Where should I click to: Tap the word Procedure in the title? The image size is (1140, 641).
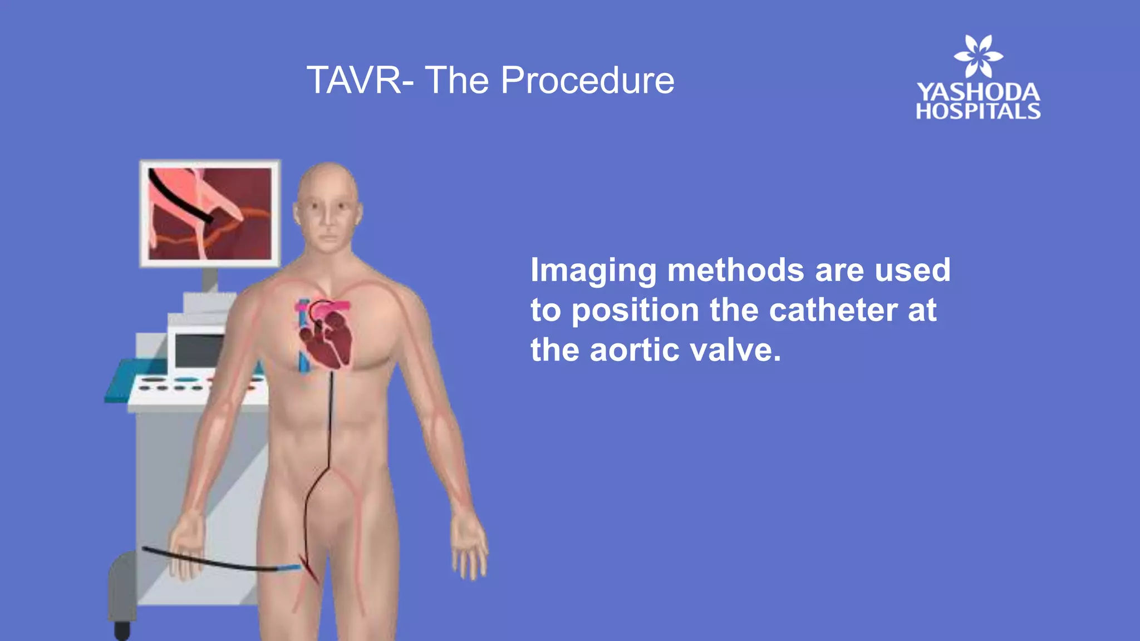(x=587, y=81)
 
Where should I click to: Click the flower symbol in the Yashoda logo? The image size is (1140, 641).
(x=978, y=56)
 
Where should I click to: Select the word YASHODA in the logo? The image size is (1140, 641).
(x=978, y=92)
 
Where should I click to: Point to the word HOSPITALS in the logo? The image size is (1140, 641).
(x=978, y=111)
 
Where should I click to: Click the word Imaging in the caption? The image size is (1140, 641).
(x=593, y=271)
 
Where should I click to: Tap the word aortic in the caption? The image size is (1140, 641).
(x=634, y=350)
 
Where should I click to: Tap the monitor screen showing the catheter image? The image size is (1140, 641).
(x=210, y=214)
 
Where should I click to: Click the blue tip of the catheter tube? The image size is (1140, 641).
(x=289, y=568)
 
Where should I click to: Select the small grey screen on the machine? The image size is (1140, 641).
(x=198, y=351)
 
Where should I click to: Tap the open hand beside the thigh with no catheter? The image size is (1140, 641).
(x=469, y=548)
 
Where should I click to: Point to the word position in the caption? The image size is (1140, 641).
(x=635, y=310)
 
